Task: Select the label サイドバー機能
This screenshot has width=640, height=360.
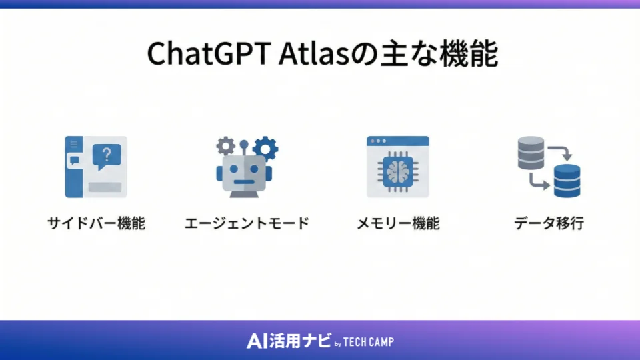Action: (96, 223)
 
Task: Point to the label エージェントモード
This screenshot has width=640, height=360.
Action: (247, 223)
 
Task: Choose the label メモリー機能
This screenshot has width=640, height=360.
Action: (398, 223)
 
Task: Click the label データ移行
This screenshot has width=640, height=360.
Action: (549, 223)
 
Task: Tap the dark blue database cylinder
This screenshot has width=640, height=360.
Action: (567, 181)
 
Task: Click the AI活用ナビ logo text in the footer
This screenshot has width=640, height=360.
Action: (288, 341)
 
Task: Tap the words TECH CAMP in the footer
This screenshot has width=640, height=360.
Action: (369, 343)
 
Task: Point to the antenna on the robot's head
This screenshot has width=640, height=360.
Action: (245, 148)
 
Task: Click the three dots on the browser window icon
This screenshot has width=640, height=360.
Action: (378, 141)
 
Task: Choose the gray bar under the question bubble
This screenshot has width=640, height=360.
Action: (104, 187)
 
